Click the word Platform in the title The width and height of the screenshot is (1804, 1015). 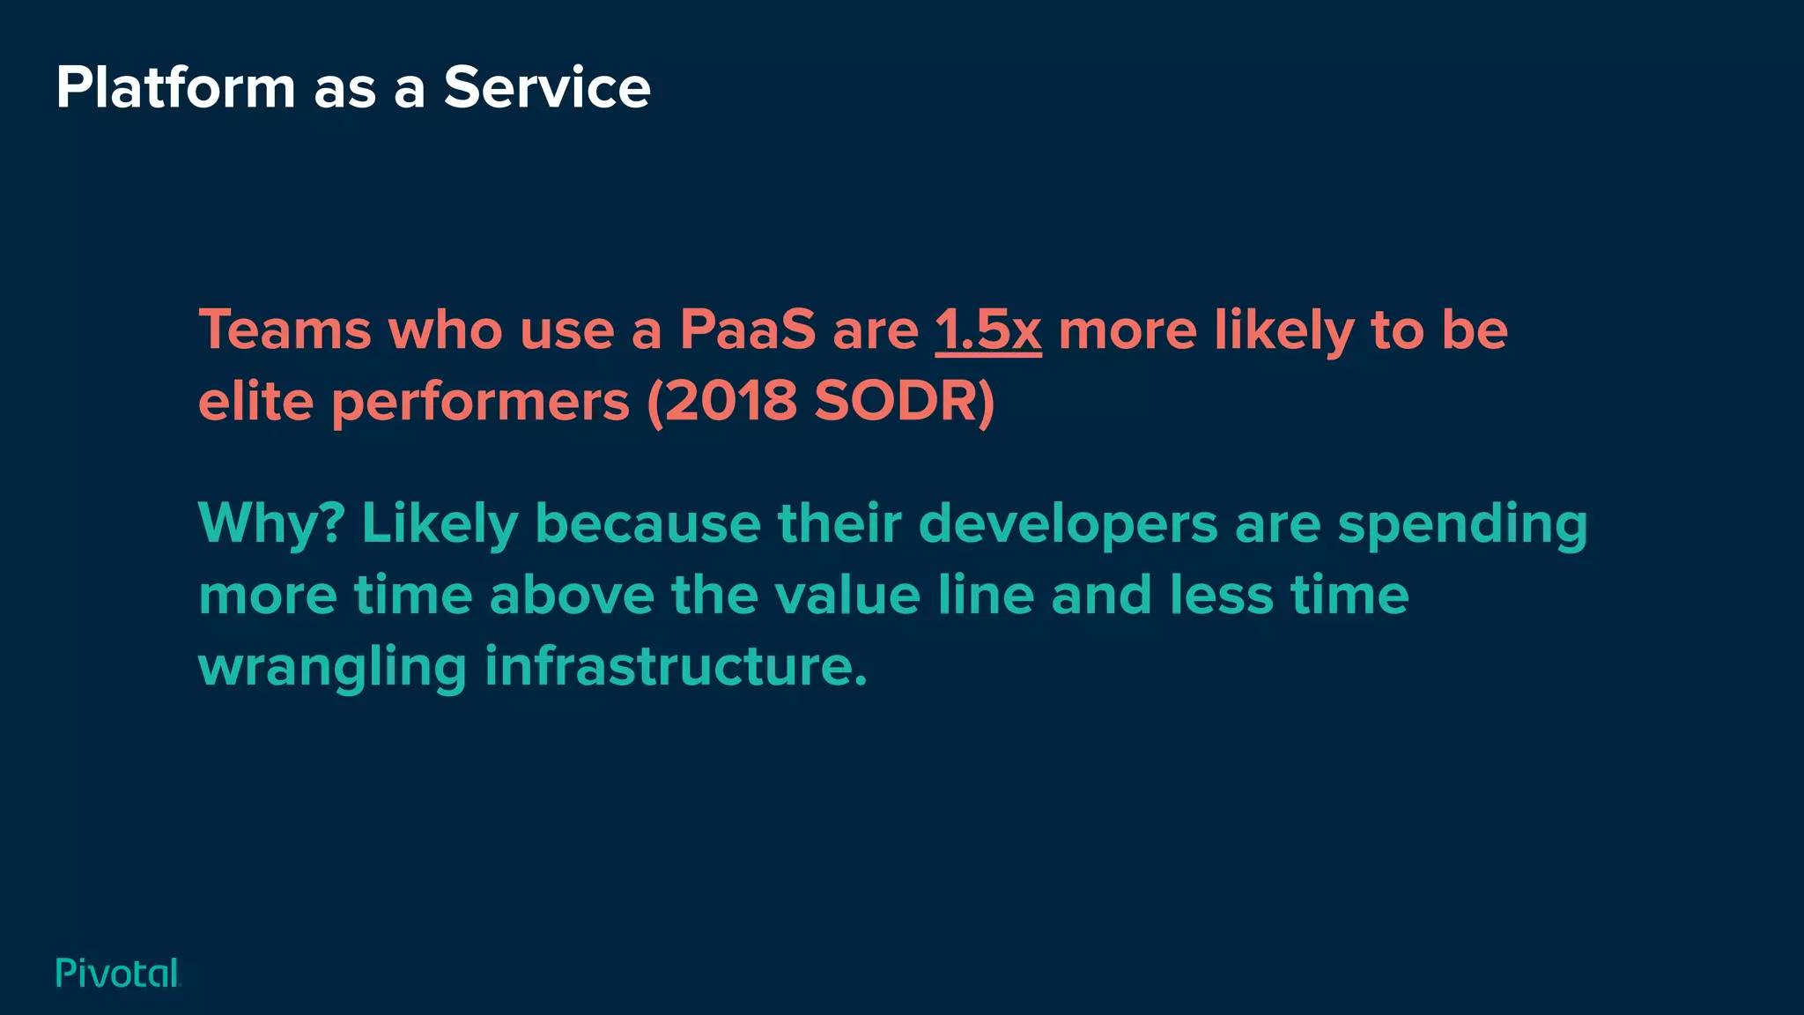point(175,88)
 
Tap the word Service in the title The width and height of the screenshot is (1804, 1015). point(547,88)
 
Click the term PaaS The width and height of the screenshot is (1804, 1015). point(748,330)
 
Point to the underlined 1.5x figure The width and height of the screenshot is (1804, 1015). point(987,330)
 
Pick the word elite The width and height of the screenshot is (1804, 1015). point(255,402)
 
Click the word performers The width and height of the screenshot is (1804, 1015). point(480,404)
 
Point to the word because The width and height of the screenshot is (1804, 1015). point(647,523)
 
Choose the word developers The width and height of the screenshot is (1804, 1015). point(1068,524)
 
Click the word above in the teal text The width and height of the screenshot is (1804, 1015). point(572,595)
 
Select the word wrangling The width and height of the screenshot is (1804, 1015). point(333,668)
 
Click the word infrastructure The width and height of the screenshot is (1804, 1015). point(676,666)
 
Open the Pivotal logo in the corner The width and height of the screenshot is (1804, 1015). point(118,973)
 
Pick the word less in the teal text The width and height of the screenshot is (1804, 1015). point(1222,595)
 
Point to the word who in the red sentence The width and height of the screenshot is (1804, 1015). point(447,330)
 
